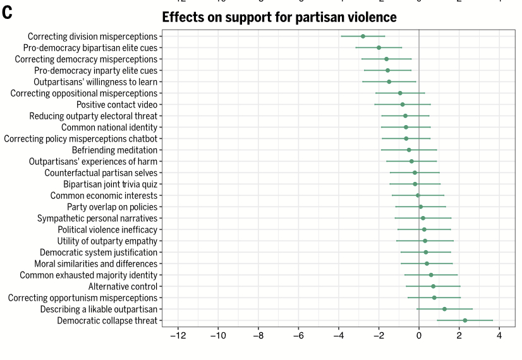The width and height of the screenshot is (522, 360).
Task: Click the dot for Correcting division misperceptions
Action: point(363,36)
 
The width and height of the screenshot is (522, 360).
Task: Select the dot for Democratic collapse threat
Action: point(465,320)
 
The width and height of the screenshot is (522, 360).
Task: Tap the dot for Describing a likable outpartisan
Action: point(444,309)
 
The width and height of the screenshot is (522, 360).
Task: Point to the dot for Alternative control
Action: point(434,286)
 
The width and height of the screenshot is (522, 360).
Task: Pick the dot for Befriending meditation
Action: point(409,150)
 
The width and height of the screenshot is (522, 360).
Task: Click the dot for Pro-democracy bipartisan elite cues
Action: point(379,47)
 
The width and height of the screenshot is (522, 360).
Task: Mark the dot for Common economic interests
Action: point(418,195)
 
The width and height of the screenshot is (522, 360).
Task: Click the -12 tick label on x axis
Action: point(178,335)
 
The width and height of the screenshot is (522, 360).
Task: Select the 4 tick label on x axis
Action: point(499,335)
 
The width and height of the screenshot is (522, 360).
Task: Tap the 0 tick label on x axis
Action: point(419,335)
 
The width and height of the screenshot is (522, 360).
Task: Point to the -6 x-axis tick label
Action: point(298,335)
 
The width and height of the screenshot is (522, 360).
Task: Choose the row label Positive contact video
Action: point(117,104)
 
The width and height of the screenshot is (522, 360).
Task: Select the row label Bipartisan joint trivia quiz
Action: point(111,184)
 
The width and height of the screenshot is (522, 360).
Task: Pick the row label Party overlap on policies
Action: point(112,207)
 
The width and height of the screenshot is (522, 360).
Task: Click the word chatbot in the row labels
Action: point(140,138)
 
